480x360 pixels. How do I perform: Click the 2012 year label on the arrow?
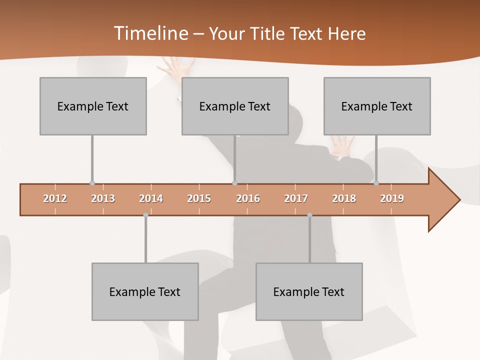pyautogui.click(x=55, y=198)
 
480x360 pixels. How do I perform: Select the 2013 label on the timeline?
pyautogui.click(x=103, y=198)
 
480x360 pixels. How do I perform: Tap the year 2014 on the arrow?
pyautogui.click(x=151, y=198)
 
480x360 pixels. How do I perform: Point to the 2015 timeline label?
pyautogui.click(x=199, y=198)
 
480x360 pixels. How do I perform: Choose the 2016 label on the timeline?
pyautogui.click(x=248, y=198)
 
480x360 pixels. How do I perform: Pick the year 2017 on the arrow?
pyautogui.click(x=296, y=198)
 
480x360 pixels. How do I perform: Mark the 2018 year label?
pyautogui.click(x=344, y=198)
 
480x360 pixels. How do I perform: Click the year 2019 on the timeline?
pyautogui.click(x=392, y=198)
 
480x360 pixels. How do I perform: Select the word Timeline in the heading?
pyautogui.click(x=149, y=33)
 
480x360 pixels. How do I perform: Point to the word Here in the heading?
pyautogui.click(x=346, y=33)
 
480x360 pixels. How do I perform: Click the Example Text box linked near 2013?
pyautogui.click(x=93, y=106)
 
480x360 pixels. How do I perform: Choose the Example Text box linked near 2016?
pyautogui.click(x=235, y=106)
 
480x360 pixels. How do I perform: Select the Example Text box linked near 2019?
pyautogui.click(x=377, y=106)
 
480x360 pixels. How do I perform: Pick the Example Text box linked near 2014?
pyautogui.click(x=145, y=291)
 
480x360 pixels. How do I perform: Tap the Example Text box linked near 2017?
pyautogui.click(x=309, y=291)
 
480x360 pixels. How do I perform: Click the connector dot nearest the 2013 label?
pyautogui.click(x=92, y=183)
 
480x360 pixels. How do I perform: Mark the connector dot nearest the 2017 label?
pyautogui.click(x=309, y=215)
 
